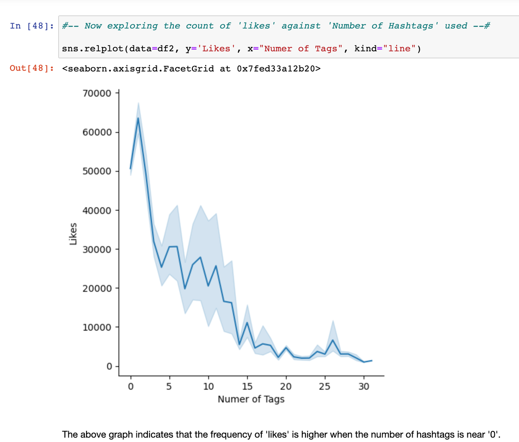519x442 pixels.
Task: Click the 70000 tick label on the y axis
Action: coord(97,93)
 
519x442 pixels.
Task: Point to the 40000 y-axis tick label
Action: coord(97,210)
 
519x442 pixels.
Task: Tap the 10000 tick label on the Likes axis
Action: coord(97,328)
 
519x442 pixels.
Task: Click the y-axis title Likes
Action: coord(74,234)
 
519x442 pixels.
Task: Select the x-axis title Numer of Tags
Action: coord(251,400)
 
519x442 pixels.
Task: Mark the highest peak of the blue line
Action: coord(138,118)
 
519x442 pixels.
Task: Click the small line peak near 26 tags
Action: coord(333,340)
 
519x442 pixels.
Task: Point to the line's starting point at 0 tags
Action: coord(131,168)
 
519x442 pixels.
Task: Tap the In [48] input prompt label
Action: coord(31,26)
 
